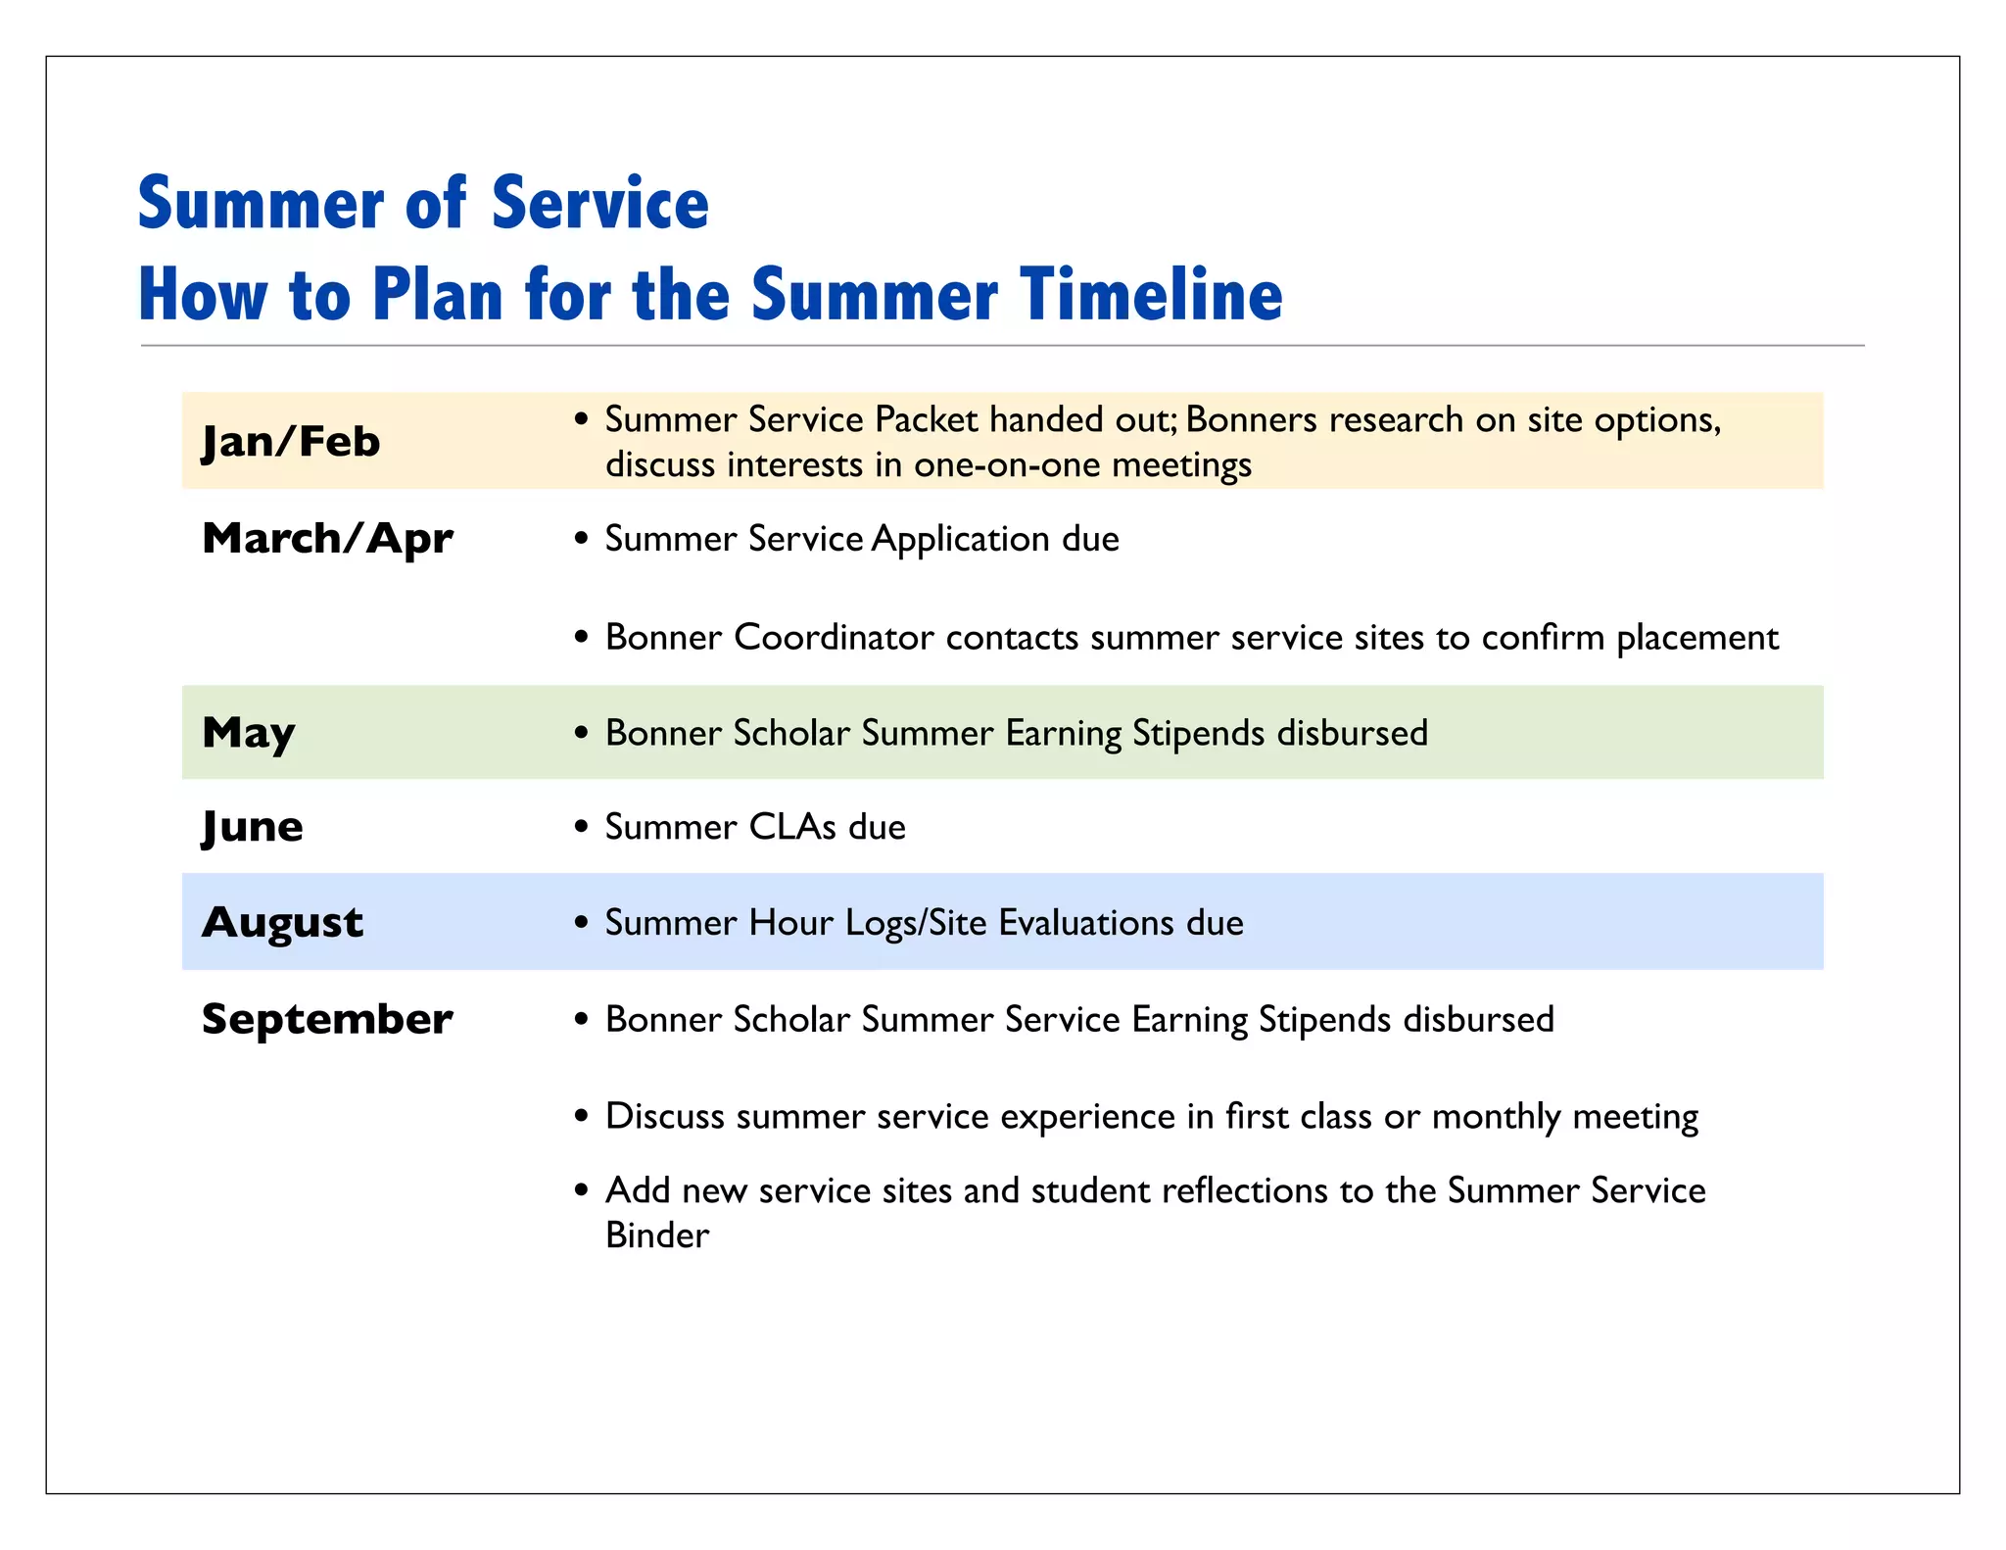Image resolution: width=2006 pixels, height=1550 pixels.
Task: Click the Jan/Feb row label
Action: tap(290, 442)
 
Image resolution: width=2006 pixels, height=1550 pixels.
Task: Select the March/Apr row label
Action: tap(327, 538)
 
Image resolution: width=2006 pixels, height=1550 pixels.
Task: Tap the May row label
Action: tap(248, 732)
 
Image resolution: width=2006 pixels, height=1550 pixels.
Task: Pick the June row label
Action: tap(252, 827)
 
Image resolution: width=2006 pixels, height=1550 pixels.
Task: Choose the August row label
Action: tap(282, 922)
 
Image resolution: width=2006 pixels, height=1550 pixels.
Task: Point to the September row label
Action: tap(327, 1019)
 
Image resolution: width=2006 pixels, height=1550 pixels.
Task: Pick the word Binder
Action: tap(656, 1235)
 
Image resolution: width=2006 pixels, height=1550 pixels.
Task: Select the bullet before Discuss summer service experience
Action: tap(582, 1117)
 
